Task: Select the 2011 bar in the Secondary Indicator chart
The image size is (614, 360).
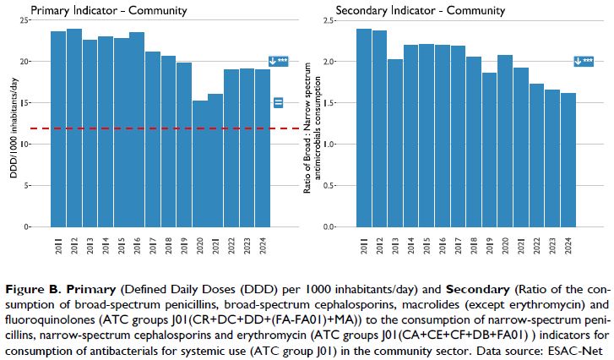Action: (x=363, y=127)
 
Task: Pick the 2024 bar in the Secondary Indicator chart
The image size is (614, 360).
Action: (x=568, y=161)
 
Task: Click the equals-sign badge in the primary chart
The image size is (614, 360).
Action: (x=279, y=102)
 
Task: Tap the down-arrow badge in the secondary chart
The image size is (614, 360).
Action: (x=584, y=61)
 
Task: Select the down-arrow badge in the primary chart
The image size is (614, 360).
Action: (x=279, y=61)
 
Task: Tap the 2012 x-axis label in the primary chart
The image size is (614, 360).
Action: (x=74, y=247)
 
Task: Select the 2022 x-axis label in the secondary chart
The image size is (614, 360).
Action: (x=536, y=247)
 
